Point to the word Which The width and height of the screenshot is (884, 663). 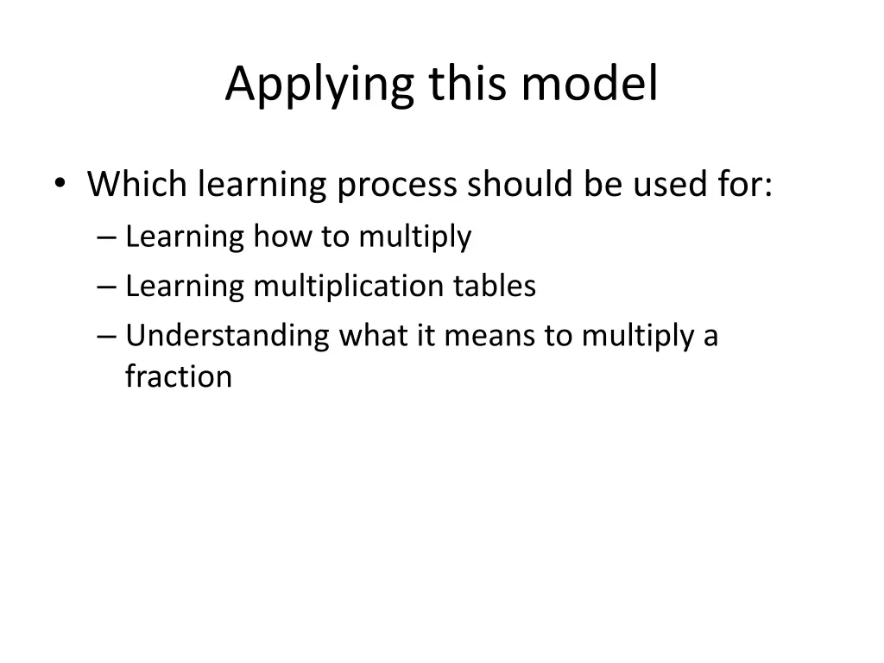click(138, 185)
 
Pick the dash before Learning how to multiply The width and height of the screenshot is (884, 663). click(107, 237)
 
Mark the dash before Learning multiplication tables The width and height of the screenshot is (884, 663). click(107, 287)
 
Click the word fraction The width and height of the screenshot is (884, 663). click(178, 377)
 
